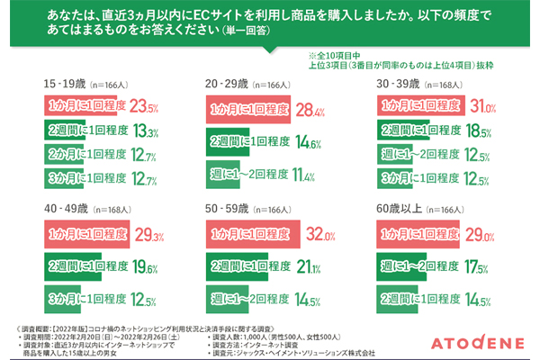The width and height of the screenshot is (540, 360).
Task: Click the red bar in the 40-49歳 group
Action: tap(86, 237)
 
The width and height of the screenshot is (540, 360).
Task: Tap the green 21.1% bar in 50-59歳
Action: tap(251, 268)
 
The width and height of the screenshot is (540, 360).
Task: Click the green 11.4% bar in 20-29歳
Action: tap(233, 172)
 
